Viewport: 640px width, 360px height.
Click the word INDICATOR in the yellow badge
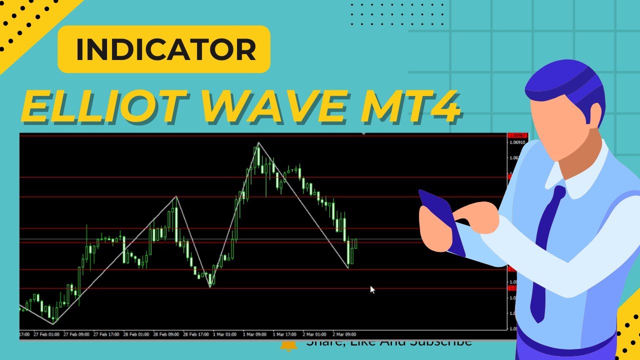coord(165,49)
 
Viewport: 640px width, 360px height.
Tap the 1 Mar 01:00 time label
coord(224,334)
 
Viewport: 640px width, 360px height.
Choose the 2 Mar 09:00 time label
coord(344,334)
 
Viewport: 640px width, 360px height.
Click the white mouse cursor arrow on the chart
coord(372,289)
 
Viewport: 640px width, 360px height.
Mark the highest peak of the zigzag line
coord(258,143)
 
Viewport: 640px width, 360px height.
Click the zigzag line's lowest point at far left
coord(53,324)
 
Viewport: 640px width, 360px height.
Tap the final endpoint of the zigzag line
coord(348,268)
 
